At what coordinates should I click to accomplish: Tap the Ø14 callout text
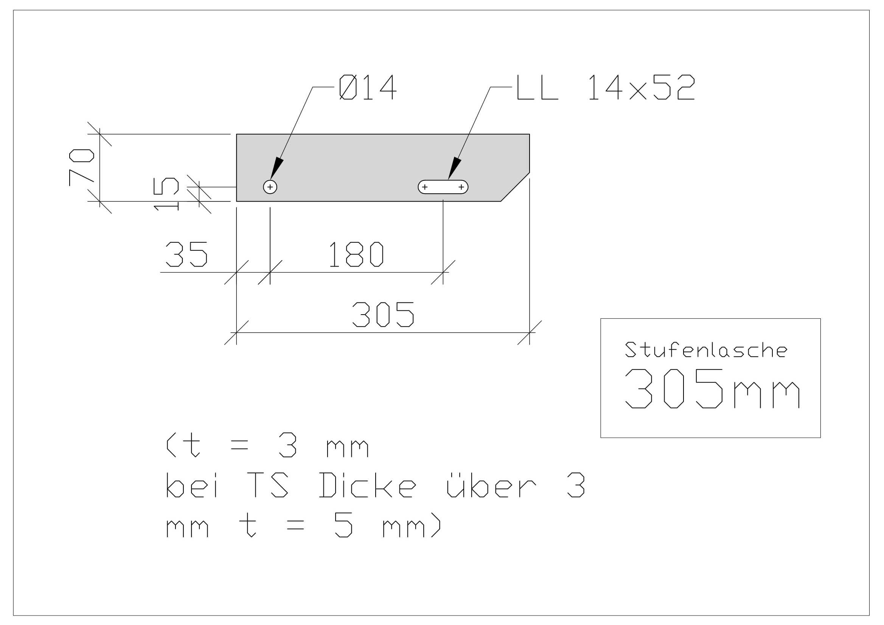pyautogui.click(x=368, y=87)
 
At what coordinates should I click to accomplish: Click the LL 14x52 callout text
pyautogui.click(x=606, y=87)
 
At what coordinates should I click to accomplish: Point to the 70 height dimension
pyautogui.click(x=81, y=167)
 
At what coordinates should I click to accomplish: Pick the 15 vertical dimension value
pyautogui.click(x=166, y=194)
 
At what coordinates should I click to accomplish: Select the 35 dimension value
pyautogui.click(x=186, y=254)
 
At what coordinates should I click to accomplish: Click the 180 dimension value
pyautogui.click(x=357, y=254)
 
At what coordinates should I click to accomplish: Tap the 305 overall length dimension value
pyautogui.click(x=383, y=315)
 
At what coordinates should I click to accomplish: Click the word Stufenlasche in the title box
pyautogui.click(x=706, y=349)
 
